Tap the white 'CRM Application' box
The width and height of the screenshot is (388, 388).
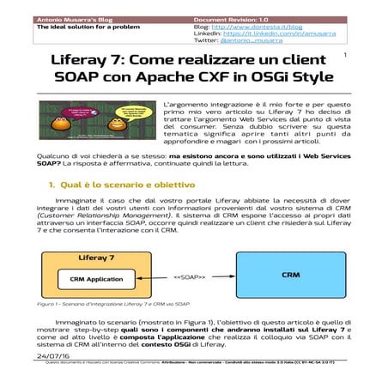click(96, 280)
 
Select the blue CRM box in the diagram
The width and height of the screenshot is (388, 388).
click(289, 275)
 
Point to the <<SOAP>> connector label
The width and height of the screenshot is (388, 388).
click(191, 277)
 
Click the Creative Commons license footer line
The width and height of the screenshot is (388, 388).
click(193, 362)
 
